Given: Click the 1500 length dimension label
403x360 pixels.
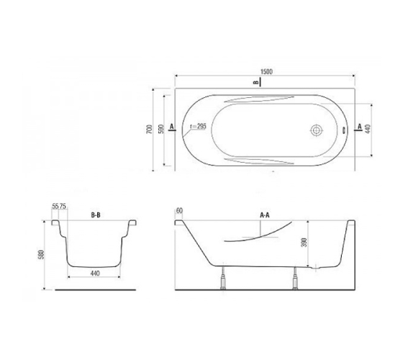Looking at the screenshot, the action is click(x=266, y=71).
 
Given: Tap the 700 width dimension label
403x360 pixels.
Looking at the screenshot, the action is click(x=149, y=129).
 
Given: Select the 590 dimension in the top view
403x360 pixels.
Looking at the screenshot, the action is click(x=161, y=129).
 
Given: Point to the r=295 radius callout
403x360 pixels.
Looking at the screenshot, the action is click(x=198, y=126).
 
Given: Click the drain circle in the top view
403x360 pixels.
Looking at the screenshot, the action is click(x=316, y=130).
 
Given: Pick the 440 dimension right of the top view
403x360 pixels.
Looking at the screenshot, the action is click(x=368, y=129).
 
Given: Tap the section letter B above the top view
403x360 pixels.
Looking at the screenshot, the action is click(x=255, y=82).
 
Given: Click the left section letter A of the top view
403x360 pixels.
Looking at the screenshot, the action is click(x=172, y=126).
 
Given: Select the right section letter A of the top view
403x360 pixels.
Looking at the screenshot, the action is click(x=360, y=126).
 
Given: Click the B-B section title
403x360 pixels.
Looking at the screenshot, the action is click(x=96, y=215).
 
